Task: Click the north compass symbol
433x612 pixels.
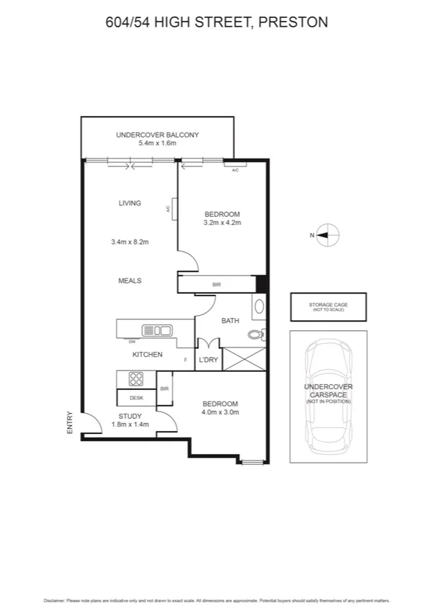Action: pos(329,235)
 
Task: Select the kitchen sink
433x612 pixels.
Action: pos(158,331)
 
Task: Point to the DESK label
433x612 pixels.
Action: pos(136,397)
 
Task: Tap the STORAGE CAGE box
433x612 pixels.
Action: pos(328,306)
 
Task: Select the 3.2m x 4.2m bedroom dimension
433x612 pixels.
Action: pos(222,223)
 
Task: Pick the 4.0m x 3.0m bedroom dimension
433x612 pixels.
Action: pos(220,412)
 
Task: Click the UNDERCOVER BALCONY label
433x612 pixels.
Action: pos(158,135)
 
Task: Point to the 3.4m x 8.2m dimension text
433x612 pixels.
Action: pos(130,241)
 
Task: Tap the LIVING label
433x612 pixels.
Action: pos(130,203)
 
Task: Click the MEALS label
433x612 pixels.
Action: pos(130,280)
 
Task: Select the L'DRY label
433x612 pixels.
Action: pos(208,359)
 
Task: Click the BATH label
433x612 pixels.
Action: pos(230,321)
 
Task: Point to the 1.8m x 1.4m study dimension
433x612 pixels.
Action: pos(130,426)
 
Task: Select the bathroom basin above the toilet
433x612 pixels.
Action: pos(259,306)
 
